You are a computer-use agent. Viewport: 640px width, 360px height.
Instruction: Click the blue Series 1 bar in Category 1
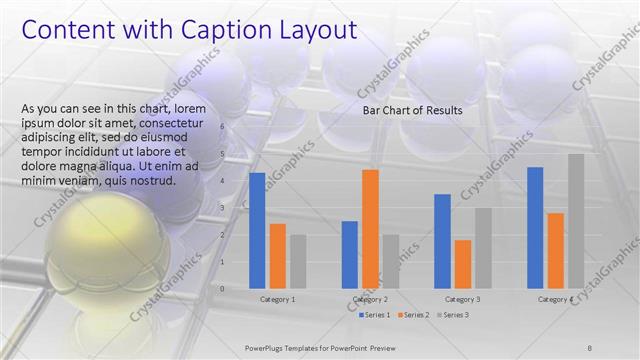point(257,230)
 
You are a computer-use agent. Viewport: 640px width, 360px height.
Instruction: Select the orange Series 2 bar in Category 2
point(370,229)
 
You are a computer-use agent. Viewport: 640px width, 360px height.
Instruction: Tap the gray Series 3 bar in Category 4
point(576,221)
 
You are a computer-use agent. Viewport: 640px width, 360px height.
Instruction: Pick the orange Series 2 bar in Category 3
point(463,264)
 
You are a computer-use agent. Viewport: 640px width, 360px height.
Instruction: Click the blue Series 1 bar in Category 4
point(535,227)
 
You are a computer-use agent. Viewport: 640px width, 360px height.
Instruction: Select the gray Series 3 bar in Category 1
point(298,261)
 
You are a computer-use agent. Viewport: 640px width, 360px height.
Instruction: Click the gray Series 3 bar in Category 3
point(483,248)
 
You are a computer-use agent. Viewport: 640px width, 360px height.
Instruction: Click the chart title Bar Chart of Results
point(412,111)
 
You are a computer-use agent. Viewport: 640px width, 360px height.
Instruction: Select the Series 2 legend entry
point(413,315)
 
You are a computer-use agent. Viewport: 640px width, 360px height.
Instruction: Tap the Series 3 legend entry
point(452,315)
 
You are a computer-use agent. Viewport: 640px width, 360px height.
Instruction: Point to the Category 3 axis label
point(462,299)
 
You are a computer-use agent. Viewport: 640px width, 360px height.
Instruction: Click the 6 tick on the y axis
point(222,129)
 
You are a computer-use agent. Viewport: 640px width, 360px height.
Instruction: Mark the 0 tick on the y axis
point(222,288)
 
